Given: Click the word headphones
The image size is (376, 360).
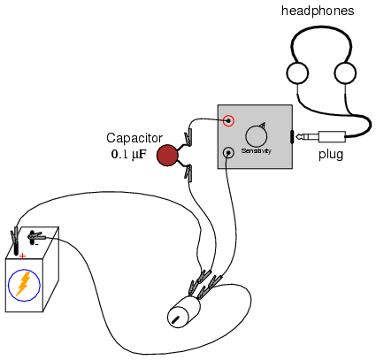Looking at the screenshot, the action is [318, 11].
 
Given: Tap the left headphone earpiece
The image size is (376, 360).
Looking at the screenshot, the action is [297, 73].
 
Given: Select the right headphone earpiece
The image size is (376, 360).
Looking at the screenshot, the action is [345, 73].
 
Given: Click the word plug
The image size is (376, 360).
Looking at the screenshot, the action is [331, 155].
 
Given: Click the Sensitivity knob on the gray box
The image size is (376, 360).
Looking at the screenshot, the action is [257, 135].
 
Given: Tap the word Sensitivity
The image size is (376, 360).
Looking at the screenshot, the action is [256, 151].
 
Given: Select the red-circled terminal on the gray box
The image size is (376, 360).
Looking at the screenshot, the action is [228, 120].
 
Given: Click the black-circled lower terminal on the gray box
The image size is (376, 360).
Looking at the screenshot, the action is [228, 153].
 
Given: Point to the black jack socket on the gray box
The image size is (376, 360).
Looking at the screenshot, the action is [292, 137].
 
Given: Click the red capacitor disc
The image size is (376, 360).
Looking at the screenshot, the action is [167, 156].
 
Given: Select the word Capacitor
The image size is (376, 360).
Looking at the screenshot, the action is [134, 138].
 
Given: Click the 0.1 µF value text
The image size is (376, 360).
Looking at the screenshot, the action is [128, 154].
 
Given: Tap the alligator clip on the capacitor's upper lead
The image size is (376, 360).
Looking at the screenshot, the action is [188, 137].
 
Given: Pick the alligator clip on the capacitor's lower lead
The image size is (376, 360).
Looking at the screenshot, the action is [188, 172].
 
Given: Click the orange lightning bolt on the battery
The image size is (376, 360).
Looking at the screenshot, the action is [23, 283].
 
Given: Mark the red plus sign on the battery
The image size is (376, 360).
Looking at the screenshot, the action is [22, 257].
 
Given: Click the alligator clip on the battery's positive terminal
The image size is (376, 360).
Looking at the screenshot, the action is [14, 236].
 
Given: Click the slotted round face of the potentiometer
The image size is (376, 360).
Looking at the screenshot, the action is [177, 318].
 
